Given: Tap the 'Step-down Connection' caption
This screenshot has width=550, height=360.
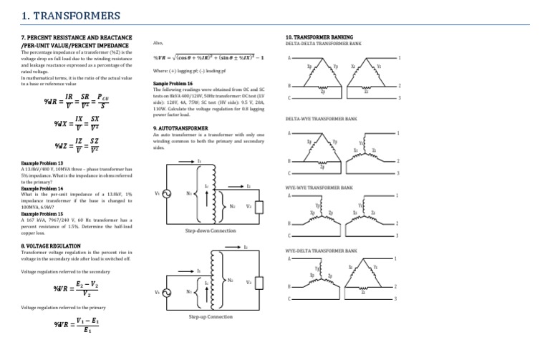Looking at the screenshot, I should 210,231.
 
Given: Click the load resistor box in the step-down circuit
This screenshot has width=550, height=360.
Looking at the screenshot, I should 263,206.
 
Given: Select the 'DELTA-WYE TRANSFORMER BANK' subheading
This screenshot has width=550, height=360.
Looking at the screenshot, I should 322,120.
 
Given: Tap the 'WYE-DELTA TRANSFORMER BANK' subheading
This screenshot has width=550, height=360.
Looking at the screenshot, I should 322,251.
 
